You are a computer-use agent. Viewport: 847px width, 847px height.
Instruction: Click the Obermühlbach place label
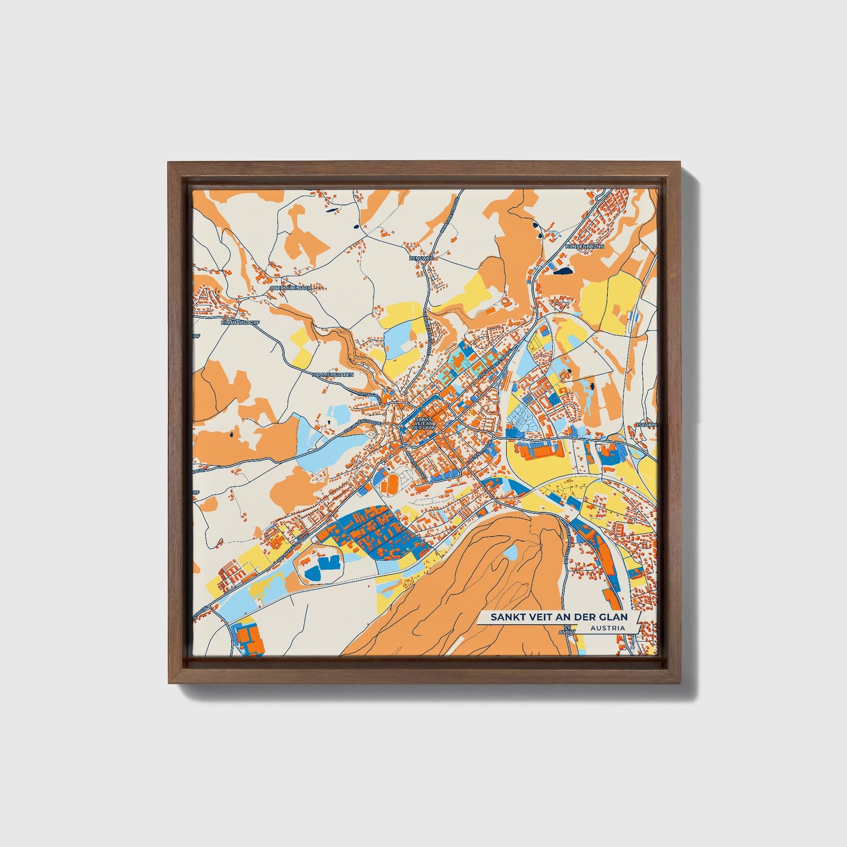click(291, 288)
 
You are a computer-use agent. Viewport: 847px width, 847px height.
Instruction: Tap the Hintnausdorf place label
click(240, 322)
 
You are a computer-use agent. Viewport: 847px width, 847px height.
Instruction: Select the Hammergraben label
click(332, 374)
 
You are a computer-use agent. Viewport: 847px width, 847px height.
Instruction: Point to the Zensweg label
click(420, 258)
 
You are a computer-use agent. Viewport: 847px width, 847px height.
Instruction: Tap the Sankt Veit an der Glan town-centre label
click(423, 423)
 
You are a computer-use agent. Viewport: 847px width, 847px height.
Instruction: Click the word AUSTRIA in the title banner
click(607, 628)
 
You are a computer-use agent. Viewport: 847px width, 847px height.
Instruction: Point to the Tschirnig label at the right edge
click(647, 424)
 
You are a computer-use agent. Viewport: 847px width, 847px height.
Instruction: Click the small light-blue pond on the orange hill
click(511, 552)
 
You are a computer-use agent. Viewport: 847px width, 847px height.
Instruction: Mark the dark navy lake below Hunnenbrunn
click(563, 271)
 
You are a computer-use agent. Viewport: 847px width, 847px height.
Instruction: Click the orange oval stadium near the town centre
click(389, 484)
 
